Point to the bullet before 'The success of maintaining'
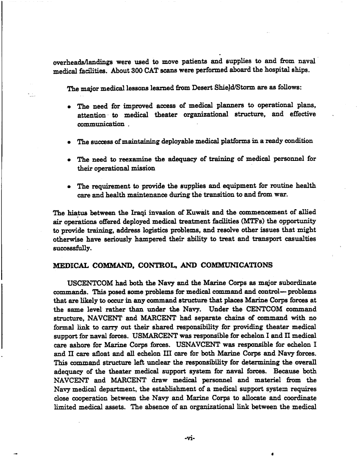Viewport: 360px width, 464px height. pyautogui.click(x=69, y=142)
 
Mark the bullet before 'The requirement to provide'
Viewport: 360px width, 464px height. pyautogui.click(x=69, y=186)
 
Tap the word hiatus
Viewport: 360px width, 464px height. pyautogui.click(x=73, y=213)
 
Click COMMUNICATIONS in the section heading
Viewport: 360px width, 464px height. pyautogui.click(x=235, y=266)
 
